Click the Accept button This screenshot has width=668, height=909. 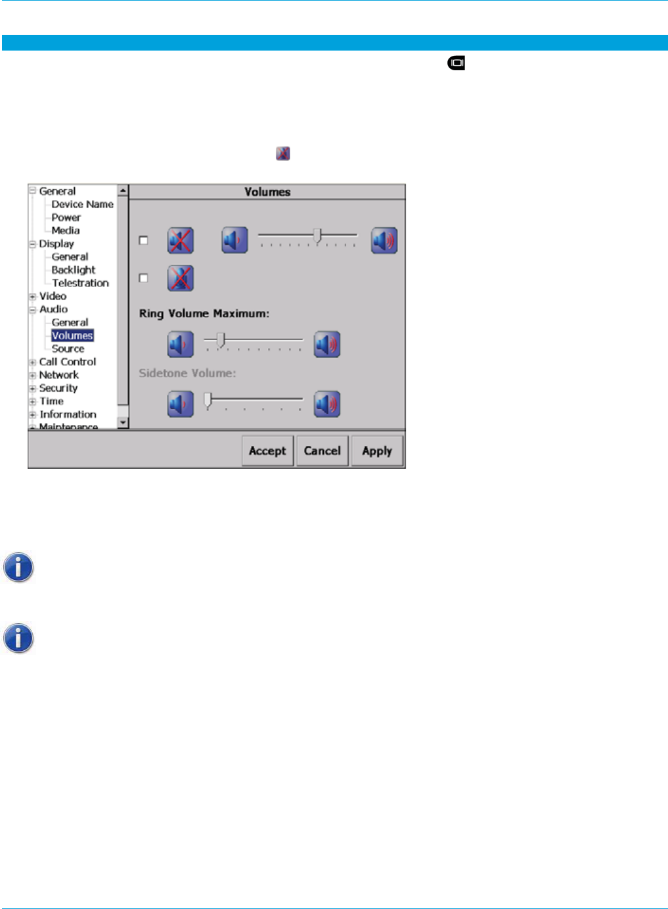point(267,451)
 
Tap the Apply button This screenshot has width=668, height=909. point(377,451)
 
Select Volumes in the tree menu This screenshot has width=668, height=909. point(72,336)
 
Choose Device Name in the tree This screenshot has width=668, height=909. point(82,204)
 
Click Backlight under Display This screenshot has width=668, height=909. point(73,270)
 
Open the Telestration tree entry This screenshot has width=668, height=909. point(80,283)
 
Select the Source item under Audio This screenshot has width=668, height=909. point(68,349)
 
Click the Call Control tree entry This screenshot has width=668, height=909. point(67,362)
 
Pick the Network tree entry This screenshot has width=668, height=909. point(58,375)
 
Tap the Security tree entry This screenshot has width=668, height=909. point(58,388)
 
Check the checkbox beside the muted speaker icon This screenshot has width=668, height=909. point(144,240)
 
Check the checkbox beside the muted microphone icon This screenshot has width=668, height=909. point(144,278)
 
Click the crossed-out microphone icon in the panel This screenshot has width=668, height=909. point(180,278)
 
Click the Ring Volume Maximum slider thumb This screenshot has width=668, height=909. point(221,340)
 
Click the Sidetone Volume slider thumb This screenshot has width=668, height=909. point(208,399)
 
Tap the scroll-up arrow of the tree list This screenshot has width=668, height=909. point(123,190)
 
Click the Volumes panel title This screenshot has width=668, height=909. point(267,192)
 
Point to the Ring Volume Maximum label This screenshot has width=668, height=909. point(204,314)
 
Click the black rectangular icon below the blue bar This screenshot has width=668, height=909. point(456,64)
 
